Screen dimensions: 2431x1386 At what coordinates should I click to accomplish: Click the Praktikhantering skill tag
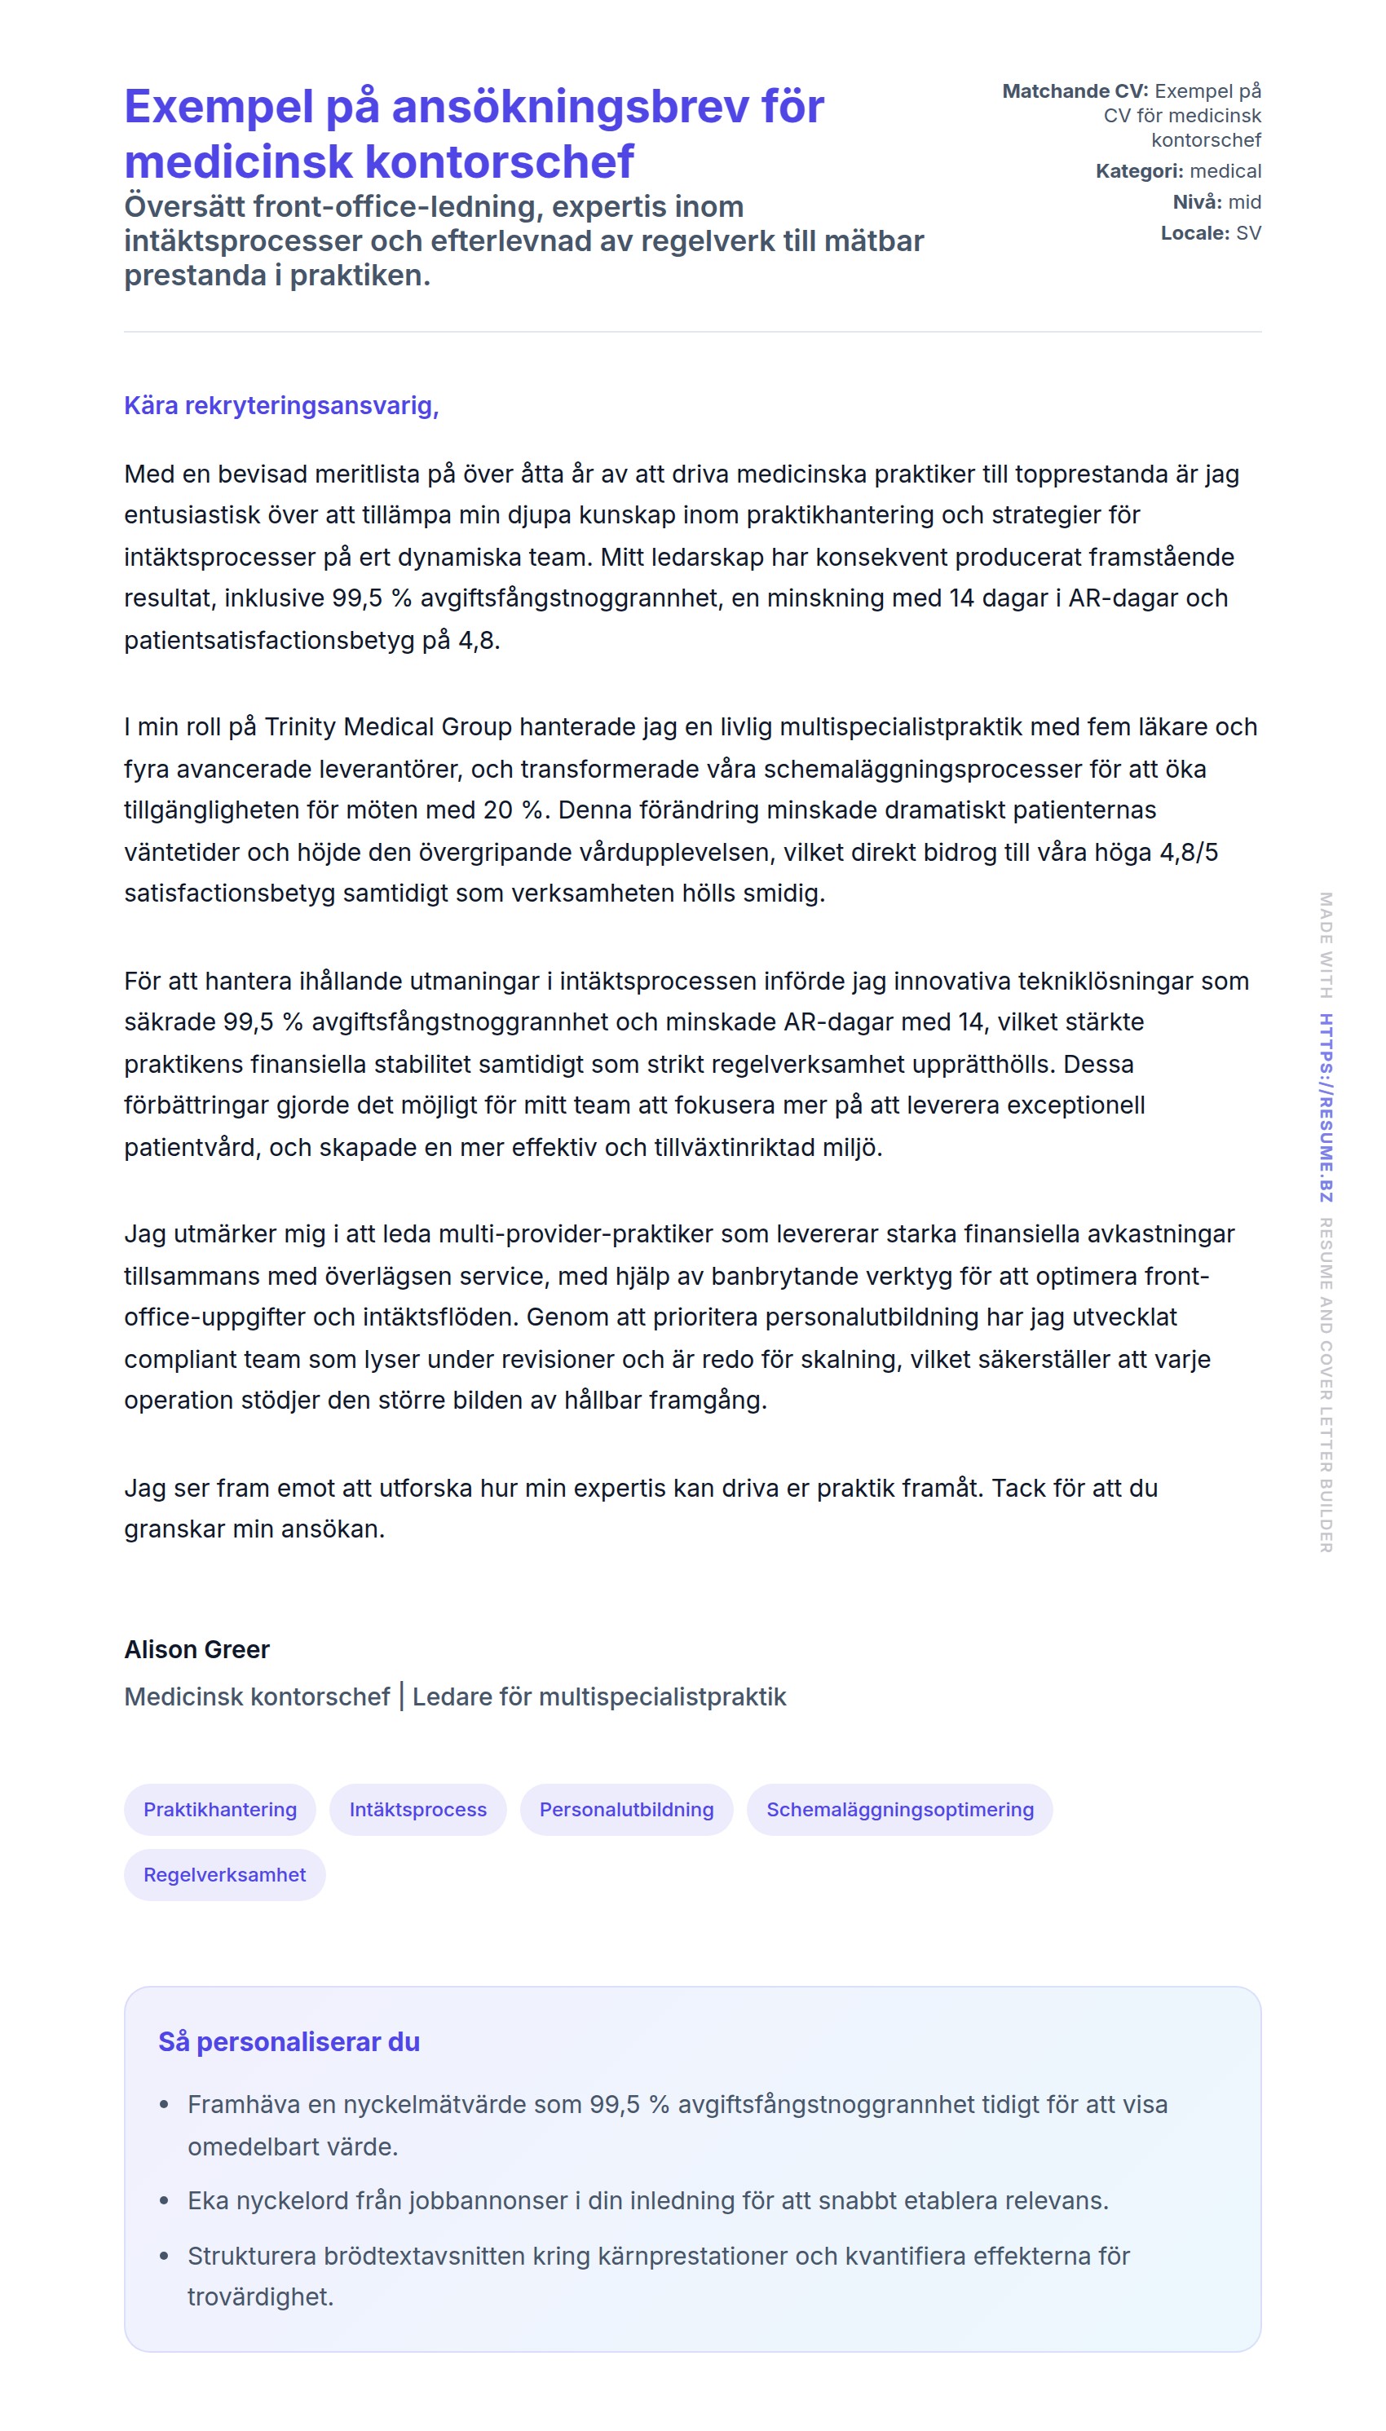click(220, 1810)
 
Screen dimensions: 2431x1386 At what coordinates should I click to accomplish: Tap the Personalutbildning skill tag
click(625, 1810)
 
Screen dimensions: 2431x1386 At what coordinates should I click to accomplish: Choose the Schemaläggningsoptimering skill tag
click(898, 1810)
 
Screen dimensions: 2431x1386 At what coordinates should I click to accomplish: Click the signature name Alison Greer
click(197, 1649)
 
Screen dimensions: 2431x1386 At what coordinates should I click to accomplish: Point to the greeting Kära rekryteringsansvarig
click(280, 405)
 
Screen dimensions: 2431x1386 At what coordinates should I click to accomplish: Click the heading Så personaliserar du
click(289, 2041)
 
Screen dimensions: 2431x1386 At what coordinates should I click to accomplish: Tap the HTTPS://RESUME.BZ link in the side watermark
click(1325, 1108)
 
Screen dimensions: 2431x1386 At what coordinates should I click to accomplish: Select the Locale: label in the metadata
click(1194, 233)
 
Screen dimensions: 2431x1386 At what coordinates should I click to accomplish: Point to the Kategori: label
click(1138, 171)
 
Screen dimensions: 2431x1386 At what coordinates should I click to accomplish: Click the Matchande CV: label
click(1075, 91)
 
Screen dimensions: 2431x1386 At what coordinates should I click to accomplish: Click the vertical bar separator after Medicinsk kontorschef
click(402, 1696)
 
